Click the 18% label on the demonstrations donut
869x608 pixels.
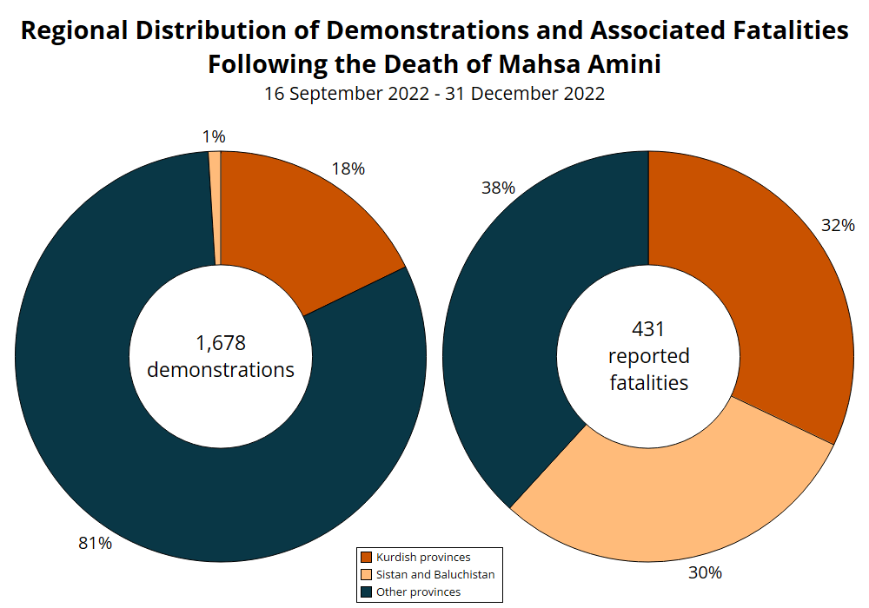pyautogui.click(x=348, y=169)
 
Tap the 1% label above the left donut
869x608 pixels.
pyautogui.click(x=214, y=136)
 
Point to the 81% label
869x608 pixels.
pyautogui.click(x=96, y=543)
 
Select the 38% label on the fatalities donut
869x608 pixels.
pyautogui.click(x=499, y=188)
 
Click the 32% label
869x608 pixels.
pyautogui.click(x=838, y=225)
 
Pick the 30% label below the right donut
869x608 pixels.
pyautogui.click(x=706, y=572)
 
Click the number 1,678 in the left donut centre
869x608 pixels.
pyautogui.click(x=221, y=343)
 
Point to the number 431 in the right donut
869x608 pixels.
pyautogui.click(x=648, y=329)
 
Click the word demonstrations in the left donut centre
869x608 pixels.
pyautogui.click(x=221, y=369)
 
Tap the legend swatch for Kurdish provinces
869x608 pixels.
pyautogui.click(x=367, y=557)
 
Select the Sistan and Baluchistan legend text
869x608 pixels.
pyautogui.click(x=435, y=574)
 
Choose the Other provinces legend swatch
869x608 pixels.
pyautogui.click(x=367, y=591)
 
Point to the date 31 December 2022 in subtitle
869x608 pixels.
pyautogui.click(x=525, y=94)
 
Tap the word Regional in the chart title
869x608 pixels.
pyautogui.click(x=73, y=30)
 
